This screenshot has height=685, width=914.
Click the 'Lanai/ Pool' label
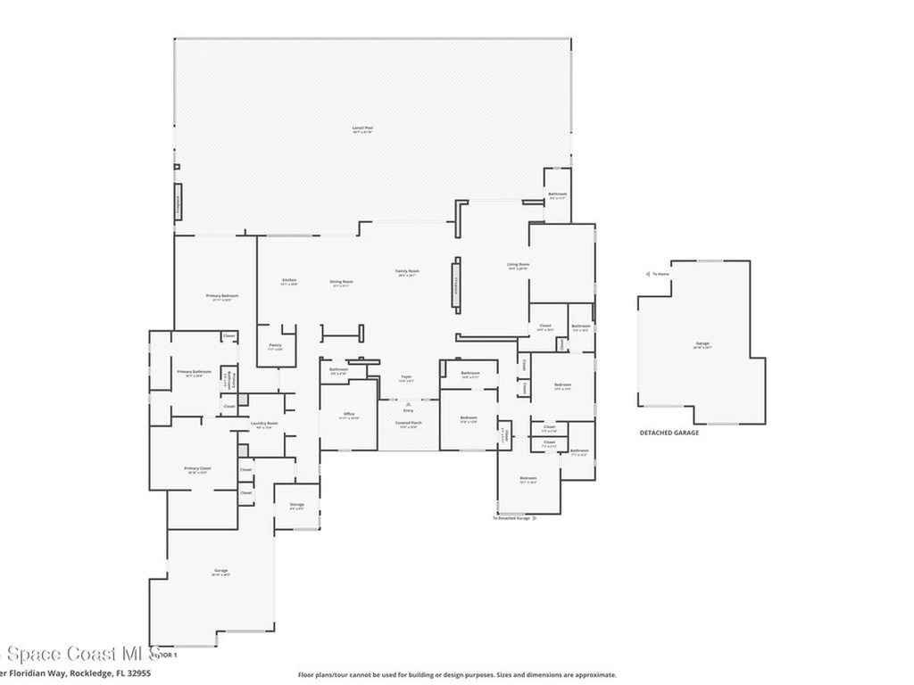pyautogui.click(x=362, y=128)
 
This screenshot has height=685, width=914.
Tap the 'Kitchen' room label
pyautogui.click(x=288, y=281)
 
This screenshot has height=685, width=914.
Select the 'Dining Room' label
pyautogui.click(x=342, y=282)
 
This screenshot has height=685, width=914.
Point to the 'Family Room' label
pyautogui.click(x=408, y=272)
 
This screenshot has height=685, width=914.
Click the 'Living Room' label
pyautogui.click(x=519, y=264)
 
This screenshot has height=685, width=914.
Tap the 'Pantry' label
pyautogui.click(x=275, y=345)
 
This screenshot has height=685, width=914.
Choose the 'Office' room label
pyautogui.click(x=350, y=414)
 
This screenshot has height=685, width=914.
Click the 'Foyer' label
pyautogui.click(x=406, y=377)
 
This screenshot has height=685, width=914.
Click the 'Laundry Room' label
pyautogui.click(x=264, y=423)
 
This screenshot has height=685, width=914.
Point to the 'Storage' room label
pyautogui.click(x=296, y=505)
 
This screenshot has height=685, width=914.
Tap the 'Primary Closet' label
pyautogui.click(x=197, y=468)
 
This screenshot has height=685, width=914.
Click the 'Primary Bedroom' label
pyautogui.click(x=221, y=295)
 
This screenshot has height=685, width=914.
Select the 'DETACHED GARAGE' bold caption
pyautogui.click(x=669, y=433)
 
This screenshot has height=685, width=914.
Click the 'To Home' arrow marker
pyautogui.click(x=648, y=274)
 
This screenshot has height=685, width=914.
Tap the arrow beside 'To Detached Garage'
pyautogui.click(x=534, y=518)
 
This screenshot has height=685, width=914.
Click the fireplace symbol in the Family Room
pyautogui.click(x=457, y=285)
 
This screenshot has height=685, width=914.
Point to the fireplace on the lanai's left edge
pyautogui.click(x=178, y=202)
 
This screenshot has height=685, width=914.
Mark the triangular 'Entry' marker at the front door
pyautogui.click(x=408, y=404)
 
